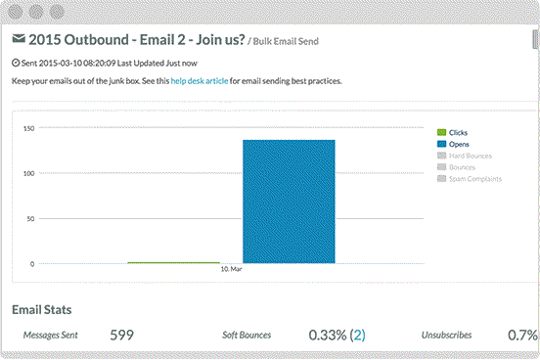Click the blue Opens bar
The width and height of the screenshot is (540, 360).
tap(289, 202)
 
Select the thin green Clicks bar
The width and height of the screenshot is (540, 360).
tap(173, 262)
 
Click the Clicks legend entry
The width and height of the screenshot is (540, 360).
tap(459, 132)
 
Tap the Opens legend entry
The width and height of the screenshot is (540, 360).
tap(459, 144)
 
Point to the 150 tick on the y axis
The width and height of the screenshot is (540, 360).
tap(29, 128)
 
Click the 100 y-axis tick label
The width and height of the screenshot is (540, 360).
tap(29, 173)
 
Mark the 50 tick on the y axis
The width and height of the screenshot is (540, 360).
tap(31, 219)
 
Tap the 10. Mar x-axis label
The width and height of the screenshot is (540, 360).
tap(231, 269)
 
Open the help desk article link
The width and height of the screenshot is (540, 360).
tap(200, 81)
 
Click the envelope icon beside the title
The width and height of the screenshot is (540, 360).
tap(19, 40)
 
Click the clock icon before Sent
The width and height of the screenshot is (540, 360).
tap(15, 63)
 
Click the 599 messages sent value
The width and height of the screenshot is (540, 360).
tap(121, 335)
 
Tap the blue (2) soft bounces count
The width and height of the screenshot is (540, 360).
tap(358, 335)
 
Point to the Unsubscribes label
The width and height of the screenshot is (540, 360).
tap(447, 335)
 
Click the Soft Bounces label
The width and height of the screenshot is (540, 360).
tap(247, 335)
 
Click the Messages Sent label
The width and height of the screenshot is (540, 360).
tap(50, 335)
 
